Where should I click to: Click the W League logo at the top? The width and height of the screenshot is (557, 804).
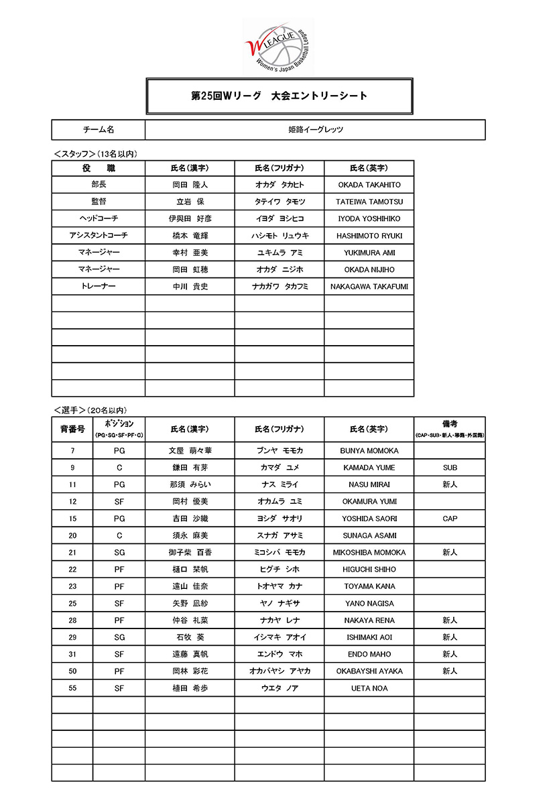click(278, 44)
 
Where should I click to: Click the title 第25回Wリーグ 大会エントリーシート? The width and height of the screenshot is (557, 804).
click(279, 96)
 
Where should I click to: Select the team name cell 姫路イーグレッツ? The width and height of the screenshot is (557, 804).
click(315, 129)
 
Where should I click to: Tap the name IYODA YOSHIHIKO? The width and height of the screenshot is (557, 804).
click(369, 219)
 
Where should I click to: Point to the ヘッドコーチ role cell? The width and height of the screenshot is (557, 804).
click(99, 219)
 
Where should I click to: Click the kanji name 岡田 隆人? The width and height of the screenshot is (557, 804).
click(190, 185)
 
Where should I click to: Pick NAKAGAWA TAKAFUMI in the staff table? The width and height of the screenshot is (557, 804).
click(369, 287)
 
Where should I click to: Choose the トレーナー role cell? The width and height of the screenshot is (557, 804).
click(99, 287)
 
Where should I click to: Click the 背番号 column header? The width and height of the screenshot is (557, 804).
click(72, 429)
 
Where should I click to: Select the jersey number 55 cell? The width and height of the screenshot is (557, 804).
click(72, 688)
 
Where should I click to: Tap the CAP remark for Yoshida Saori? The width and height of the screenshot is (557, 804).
click(450, 519)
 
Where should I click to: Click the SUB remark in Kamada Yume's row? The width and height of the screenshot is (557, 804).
click(450, 468)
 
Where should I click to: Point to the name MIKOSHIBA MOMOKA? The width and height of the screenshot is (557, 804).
click(369, 553)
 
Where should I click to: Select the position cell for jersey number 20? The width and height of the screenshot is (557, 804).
click(119, 535)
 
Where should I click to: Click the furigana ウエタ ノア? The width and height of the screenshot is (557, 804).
click(280, 688)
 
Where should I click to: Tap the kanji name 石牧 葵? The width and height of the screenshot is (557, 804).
click(190, 637)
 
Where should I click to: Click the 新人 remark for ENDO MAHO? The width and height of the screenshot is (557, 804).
click(450, 654)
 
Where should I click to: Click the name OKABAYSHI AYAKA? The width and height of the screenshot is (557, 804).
click(369, 671)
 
